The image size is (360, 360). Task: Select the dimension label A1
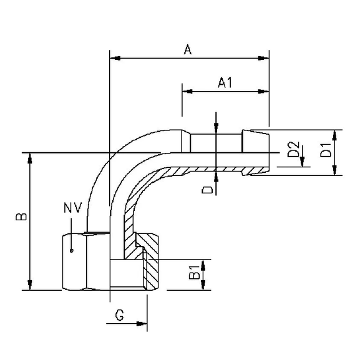pos(225,82)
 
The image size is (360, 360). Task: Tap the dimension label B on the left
pos(20,216)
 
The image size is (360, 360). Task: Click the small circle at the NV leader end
pos(72,251)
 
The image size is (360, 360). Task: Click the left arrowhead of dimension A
pos(114,59)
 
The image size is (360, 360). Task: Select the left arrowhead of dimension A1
pos(187,91)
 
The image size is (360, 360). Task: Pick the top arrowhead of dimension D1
pos(335,134)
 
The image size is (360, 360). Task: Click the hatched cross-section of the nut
pos(152,265)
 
